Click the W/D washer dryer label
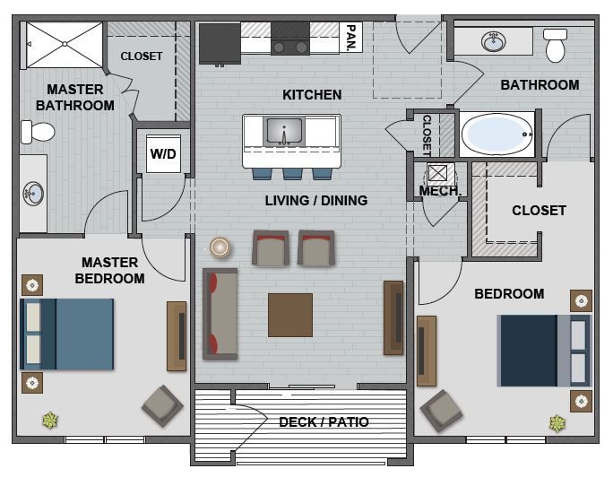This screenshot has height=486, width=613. (x=163, y=153)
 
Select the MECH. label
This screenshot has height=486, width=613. (x=440, y=191)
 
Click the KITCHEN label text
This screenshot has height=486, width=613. (x=312, y=94)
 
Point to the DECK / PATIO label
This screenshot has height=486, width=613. (x=324, y=421)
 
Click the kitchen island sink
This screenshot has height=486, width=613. (x=285, y=131)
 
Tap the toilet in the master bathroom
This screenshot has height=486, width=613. (x=38, y=133)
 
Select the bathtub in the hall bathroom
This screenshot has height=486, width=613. (x=496, y=135)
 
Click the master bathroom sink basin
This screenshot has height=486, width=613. (x=33, y=193)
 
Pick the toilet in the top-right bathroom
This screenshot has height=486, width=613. (x=556, y=45)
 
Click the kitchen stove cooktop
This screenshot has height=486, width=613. (x=290, y=39)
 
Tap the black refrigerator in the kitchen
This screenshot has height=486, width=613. (x=219, y=42)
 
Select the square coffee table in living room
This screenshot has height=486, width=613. (x=290, y=315)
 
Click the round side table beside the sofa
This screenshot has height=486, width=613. (x=220, y=247)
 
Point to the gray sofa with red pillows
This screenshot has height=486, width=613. (x=220, y=313)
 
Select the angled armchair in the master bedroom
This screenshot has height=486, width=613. (x=162, y=405)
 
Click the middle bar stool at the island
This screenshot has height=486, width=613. (x=292, y=173)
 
